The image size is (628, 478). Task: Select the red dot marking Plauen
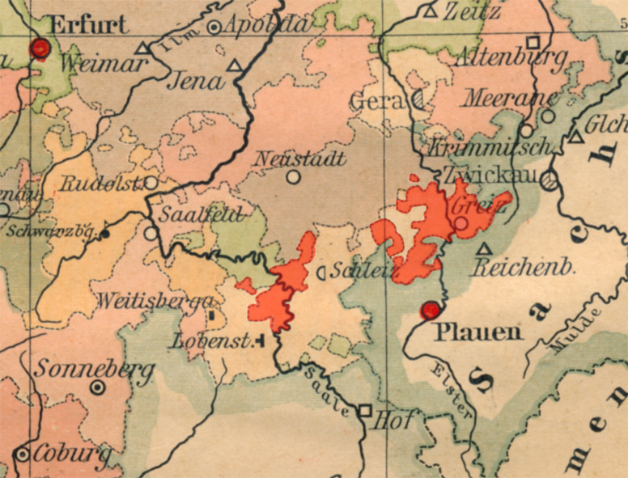[x=430, y=309]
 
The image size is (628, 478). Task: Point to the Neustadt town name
[x=300, y=159]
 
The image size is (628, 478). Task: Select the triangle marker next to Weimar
[x=142, y=49]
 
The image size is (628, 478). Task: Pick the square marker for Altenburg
[x=533, y=42]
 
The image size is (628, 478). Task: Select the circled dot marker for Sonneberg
[x=98, y=387]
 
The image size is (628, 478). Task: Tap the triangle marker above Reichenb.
[x=484, y=249]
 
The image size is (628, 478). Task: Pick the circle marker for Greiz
[x=460, y=222]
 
